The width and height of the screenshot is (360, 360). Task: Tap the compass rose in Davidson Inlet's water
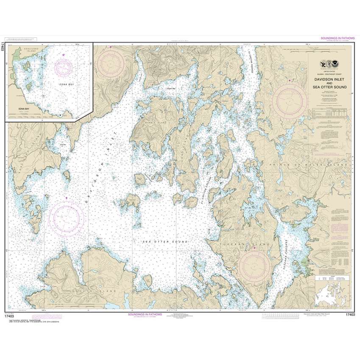(67, 217)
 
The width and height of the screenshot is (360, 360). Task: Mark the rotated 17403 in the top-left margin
(3, 47)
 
